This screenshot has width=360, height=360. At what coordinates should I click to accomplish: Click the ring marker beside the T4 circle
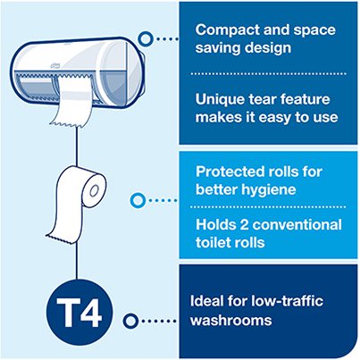tap(130, 319)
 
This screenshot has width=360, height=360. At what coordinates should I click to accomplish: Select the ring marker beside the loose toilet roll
tap(138, 200)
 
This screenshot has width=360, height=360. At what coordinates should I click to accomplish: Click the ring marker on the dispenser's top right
tap(143, 39)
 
